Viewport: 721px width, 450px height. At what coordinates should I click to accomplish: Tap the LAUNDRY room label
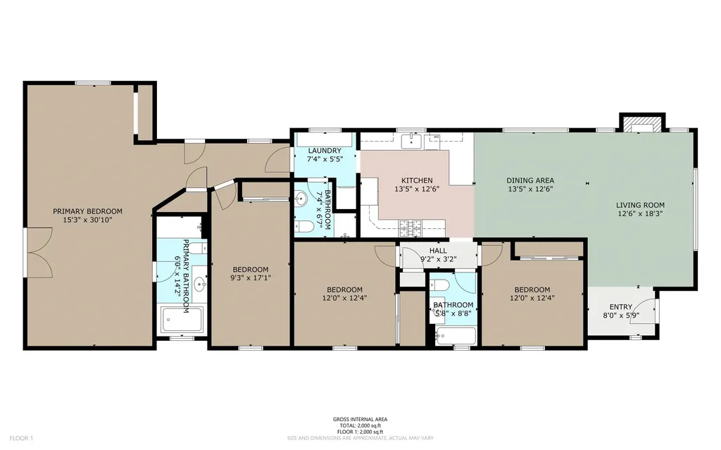click(x=324, y=151)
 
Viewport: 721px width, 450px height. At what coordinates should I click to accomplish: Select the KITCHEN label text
click(x=417, y=180)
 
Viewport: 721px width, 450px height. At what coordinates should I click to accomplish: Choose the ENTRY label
click(x=620, y=306)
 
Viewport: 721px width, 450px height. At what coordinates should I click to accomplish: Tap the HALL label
click(x=438, y=251)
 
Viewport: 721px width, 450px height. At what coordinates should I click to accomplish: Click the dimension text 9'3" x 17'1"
click(x=251, y=277)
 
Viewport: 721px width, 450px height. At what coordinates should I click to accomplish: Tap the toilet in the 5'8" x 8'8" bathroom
click(x=441, y=285)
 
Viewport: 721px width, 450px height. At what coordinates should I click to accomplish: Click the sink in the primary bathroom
click(x=201, y=285)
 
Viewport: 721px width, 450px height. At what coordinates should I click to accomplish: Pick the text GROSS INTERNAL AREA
click(x=360, y=419)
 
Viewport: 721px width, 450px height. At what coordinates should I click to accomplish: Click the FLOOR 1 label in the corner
click(x=22, y=438)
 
